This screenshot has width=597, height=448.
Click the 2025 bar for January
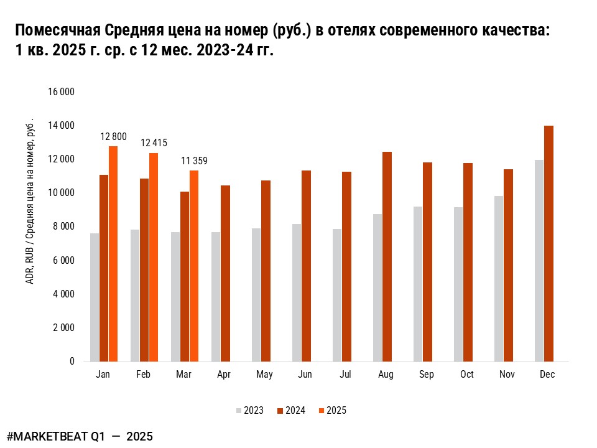click(x=113, y=253)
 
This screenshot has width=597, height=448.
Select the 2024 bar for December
click(x=548, y=243)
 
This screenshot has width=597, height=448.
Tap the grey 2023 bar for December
click(x=539, y=260)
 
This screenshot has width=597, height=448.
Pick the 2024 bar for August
click(x=387, y=256)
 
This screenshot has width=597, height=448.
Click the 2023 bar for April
click(x=216, y=296)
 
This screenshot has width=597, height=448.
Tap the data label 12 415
click(x=154, y=142)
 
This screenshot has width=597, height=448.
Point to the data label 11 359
click(x=194, y=161)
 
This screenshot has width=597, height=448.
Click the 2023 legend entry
click(x=249, y=410)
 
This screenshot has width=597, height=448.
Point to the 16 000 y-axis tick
click(x=61, y=92)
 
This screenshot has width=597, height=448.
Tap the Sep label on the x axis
click(x=427, y=375)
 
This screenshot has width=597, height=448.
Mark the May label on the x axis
click(x=264, y=375)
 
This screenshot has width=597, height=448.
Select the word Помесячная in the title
click(x=56, y=30)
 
